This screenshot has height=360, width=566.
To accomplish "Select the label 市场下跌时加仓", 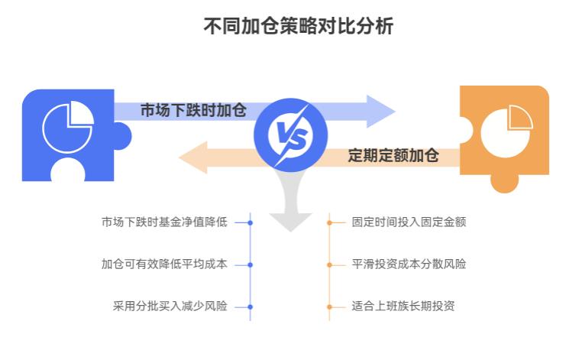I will [x=192, y=110].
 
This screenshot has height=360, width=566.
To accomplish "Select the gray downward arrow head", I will [x=289, y=220].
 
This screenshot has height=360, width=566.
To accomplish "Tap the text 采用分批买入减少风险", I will [x=170, y=306].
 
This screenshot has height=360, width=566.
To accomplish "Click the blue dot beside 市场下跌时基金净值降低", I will [x=251, y=222].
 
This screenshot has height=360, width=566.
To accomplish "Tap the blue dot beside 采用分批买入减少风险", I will [x=251, y=306].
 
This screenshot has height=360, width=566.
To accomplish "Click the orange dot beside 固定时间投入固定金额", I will [x=329, y=222].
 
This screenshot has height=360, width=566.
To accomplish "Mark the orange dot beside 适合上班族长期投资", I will [x=329, y=306].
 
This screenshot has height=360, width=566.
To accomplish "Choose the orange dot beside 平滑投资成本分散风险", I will [x=329, y=264].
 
